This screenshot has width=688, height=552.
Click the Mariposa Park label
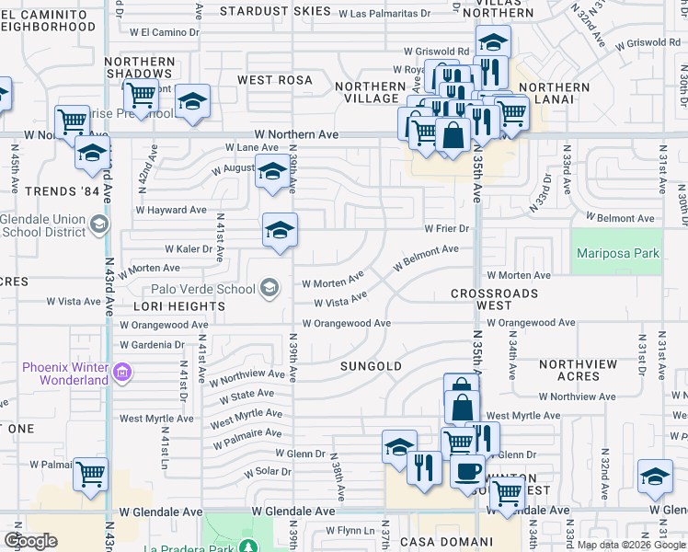coord(617,253)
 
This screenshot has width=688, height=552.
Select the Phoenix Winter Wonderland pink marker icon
coord(122,374)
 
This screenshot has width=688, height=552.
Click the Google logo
coord(30,541)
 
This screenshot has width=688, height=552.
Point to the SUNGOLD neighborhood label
coord(371,366)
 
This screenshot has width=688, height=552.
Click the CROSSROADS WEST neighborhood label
coord(494,299)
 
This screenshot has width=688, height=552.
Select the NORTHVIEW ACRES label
coord(578,371)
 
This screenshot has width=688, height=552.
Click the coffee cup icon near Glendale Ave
coord(466,472)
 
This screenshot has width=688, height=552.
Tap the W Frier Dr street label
coord(447,228)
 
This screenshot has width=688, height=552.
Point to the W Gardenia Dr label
coord(152,345)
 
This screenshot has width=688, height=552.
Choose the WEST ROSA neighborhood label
coord(275,80)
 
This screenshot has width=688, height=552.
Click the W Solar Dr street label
coord(268,472)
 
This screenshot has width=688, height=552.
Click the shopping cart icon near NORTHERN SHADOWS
coord(141,95)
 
